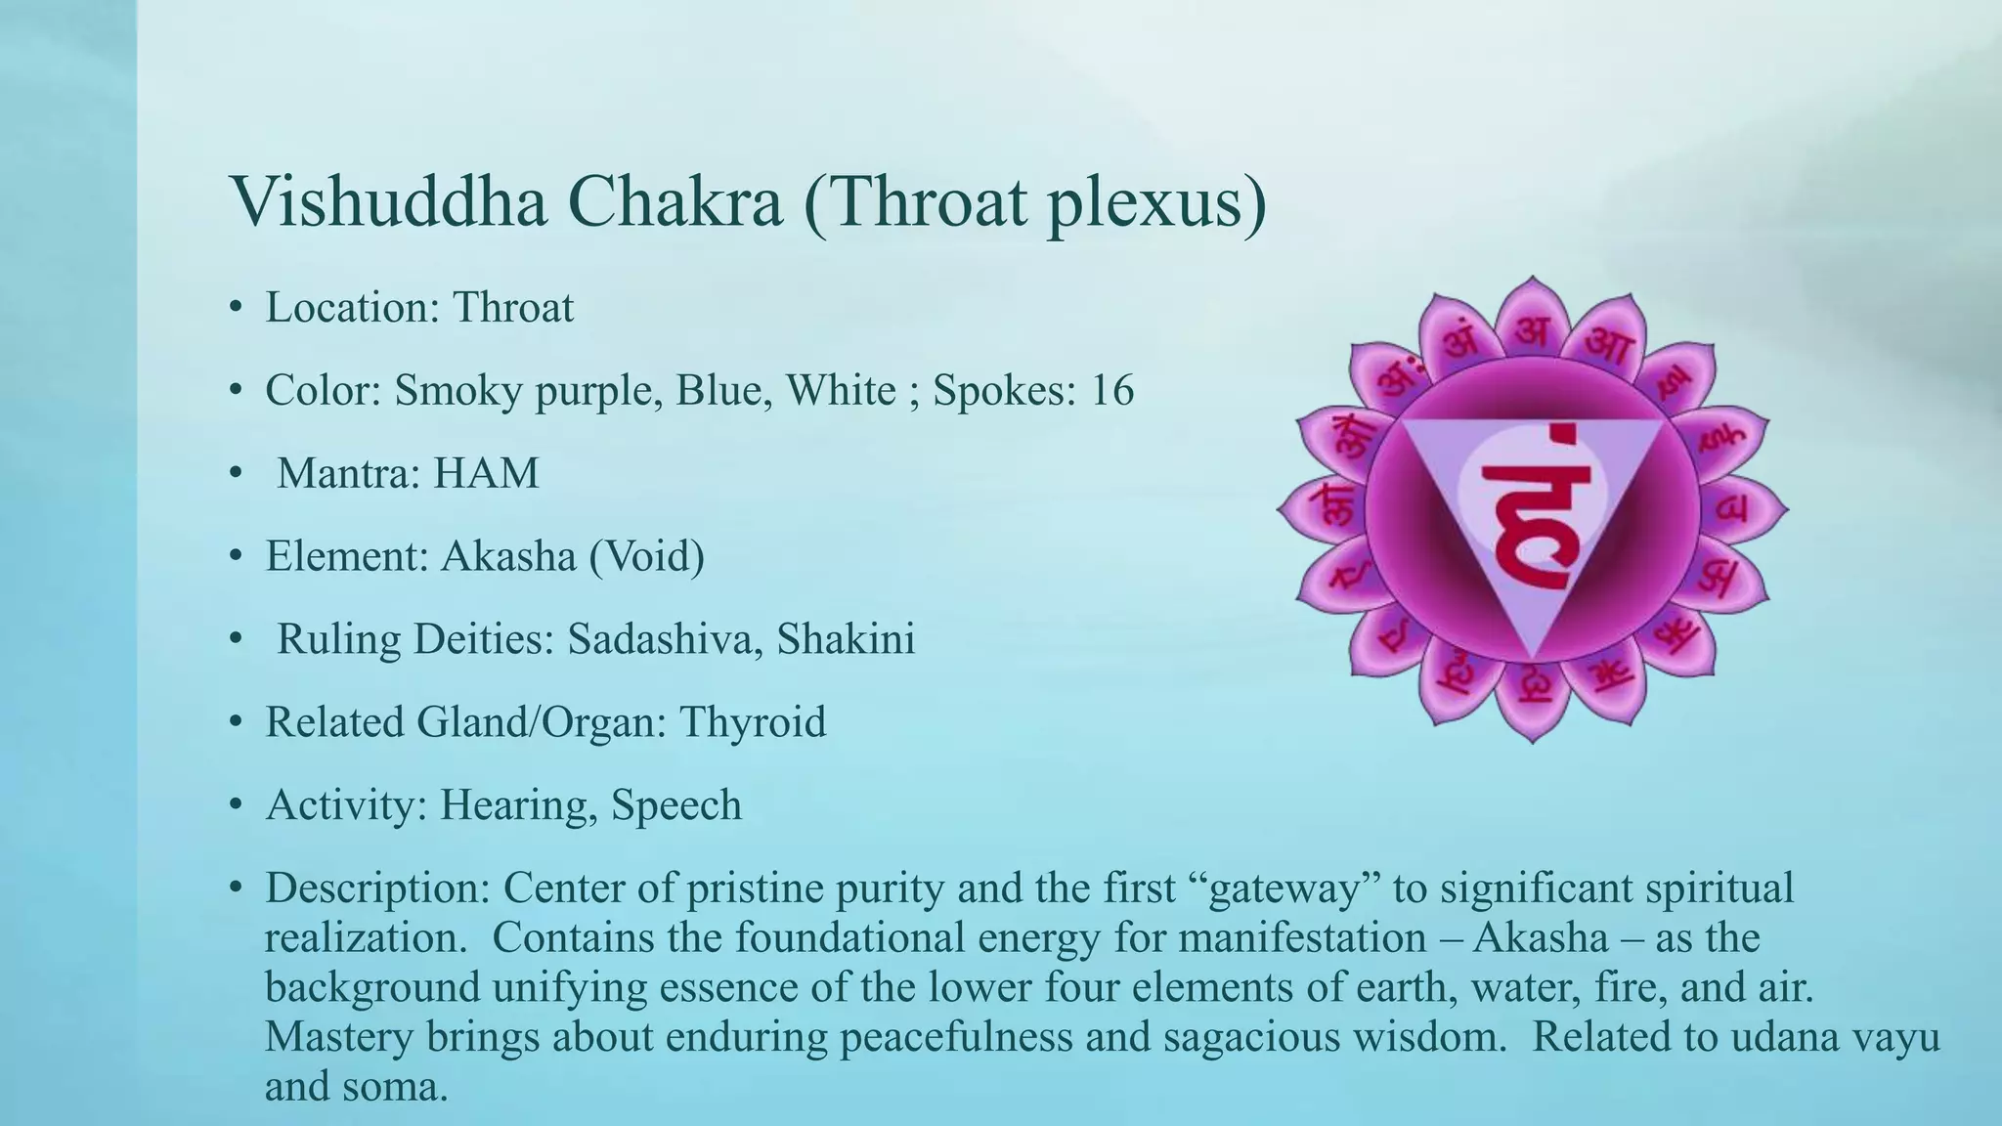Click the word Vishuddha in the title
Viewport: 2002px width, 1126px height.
387,201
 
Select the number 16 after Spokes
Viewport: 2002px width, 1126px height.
1112,390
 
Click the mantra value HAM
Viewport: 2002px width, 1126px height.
486,473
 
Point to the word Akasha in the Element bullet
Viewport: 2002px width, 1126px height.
508,556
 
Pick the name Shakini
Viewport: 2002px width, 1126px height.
846,639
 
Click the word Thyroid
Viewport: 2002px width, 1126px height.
753,722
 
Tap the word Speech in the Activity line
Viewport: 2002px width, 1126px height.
676,805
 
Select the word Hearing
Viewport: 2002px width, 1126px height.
518,805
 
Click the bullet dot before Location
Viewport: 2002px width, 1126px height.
235,308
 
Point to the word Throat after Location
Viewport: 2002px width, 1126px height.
512,308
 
